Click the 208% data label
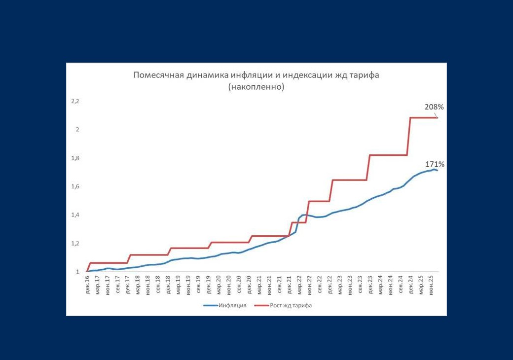click(434, 107)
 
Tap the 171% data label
click(435, 164)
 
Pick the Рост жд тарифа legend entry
click(291, 305)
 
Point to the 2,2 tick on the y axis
click(75, 101)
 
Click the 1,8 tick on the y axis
click(75, 158)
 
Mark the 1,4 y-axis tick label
click(75, 215)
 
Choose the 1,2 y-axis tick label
click(75, 244)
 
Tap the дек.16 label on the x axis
click(87, 285)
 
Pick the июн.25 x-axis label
click(431, 285)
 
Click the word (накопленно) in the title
click(256, 87)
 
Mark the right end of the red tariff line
click(438, 117)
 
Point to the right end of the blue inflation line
click(437, 170)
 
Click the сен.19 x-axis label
click(198, 285)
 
